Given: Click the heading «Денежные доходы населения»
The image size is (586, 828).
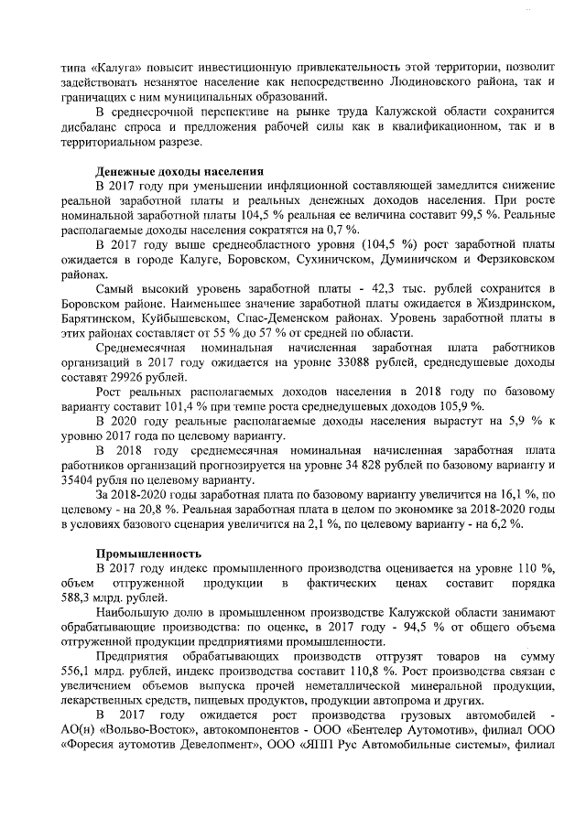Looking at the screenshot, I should tap(180, 172).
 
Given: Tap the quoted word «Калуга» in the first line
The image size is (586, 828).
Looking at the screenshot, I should tap(112, 67).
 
